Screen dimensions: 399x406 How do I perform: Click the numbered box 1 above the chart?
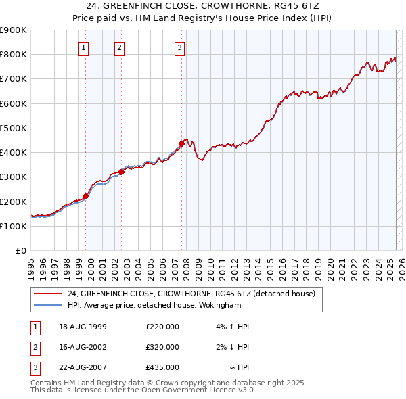[83, 47]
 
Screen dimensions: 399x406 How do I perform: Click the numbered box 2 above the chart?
[119, 47]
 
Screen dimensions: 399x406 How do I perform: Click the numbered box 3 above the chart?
[179, 47]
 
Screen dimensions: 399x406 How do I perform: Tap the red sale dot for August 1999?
[86, 197]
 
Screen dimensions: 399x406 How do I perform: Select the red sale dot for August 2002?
[122, 172]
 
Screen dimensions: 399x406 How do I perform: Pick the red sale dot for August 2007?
[181, 143]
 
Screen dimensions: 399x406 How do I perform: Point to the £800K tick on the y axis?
[14, 54]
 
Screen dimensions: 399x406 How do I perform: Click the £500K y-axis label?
[14, 128]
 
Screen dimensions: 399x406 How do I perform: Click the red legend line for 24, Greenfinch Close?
[47, 294]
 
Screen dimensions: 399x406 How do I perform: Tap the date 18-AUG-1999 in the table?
[83, 327]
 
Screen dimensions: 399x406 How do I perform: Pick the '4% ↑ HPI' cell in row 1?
[233, 327]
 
